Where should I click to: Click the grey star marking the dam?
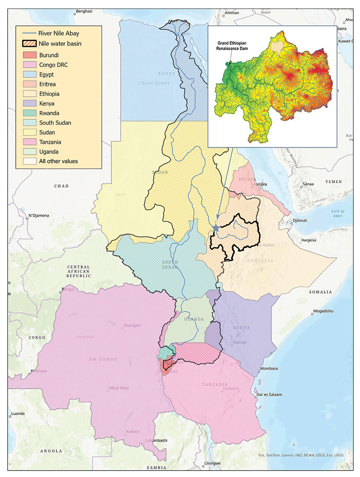216,228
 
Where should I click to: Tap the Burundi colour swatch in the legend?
29,55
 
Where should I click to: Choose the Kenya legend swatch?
29,103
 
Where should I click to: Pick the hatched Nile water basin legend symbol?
29,43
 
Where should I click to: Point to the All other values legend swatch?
29,161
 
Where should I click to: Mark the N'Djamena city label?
39,216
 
